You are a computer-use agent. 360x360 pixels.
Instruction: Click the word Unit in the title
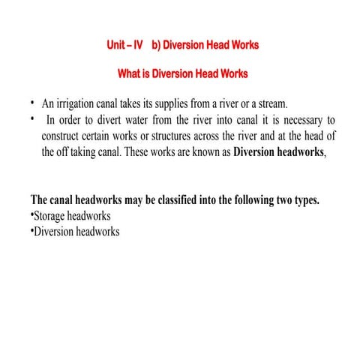click(117, 45)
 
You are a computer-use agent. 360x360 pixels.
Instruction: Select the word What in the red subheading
click(130, 75)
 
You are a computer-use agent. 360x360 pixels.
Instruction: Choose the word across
click(223, 136)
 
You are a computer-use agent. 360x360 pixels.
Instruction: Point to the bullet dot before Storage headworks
click(32, 216)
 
